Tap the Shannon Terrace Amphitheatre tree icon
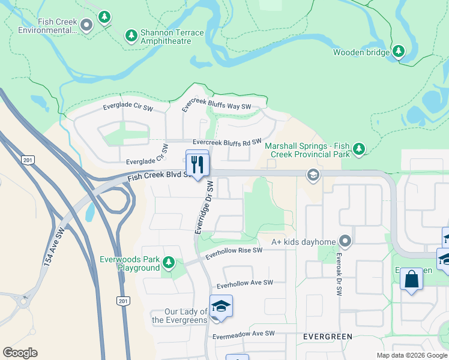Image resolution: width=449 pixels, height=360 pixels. pos(131,36)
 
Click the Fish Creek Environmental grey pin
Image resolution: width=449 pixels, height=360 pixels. pos(86,25)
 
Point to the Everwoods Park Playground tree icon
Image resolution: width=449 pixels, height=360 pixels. pos(169,262)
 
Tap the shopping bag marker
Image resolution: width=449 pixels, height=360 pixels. pos(411,279)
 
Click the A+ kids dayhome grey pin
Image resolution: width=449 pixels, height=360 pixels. pos(345,241)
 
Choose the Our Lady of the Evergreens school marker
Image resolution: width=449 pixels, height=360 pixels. pos(221,306)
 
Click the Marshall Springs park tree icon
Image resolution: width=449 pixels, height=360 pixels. pos(359,148)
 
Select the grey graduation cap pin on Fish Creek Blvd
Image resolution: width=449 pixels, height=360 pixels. pos(312,175)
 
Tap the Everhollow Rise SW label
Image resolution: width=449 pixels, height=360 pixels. pos(234,253)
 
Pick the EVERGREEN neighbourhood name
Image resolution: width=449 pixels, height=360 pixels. pos(327,337)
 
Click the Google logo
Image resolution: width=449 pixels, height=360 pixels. pos(20,352)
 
